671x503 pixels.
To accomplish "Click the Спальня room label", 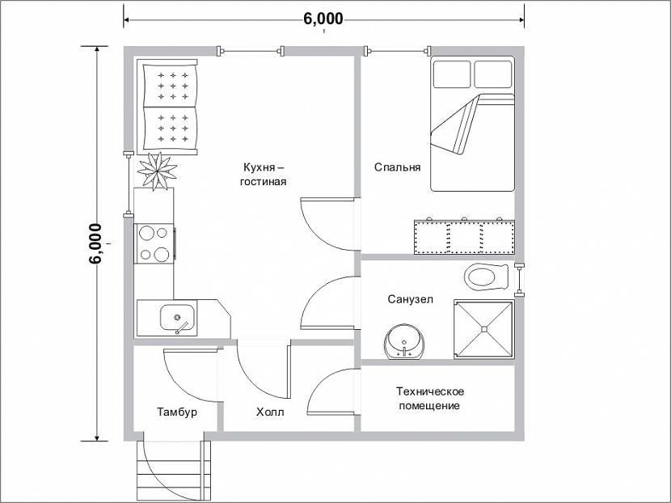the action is pyautogui.click(x=397, y=167).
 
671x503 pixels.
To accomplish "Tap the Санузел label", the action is pyautogui.click(x=411, y=298).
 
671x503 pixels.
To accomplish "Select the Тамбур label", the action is pyautogui.click(x=177, y=412).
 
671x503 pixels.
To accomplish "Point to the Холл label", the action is pyautogui.click(x=270, y=412).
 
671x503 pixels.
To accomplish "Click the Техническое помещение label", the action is pyautogui.click(x=429, y=399).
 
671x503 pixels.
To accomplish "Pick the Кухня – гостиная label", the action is pyautogui.click(x=263, y=174).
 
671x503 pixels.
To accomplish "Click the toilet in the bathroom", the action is pyautogui.click(x=486, y=276).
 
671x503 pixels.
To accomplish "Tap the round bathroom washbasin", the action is pyautogui.click(x=404, y=341).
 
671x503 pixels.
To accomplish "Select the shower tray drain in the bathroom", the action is pyautogui.click(x=484, y=329).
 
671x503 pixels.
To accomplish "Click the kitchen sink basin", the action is pyautogui.click(x=177, y=318).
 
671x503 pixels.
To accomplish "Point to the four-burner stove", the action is pyautogui.click(x=155, y=244).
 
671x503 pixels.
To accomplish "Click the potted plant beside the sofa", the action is pyautogui.click(x=157, y=171).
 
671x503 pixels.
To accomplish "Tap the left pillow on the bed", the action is pyautogui.click(x=453, y=74).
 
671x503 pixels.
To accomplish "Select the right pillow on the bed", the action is pyautogui.click(x=493, y=74).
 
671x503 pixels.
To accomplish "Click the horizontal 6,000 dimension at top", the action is pyautogui.click(x=324, y=19).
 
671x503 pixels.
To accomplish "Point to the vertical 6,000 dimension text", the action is pyautogui.click(x=95, y=243).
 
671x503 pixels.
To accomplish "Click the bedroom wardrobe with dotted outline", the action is pyautogui.click(x=464, y=237).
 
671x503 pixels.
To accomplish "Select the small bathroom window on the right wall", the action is pyautogui.click(x=520, y=280).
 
